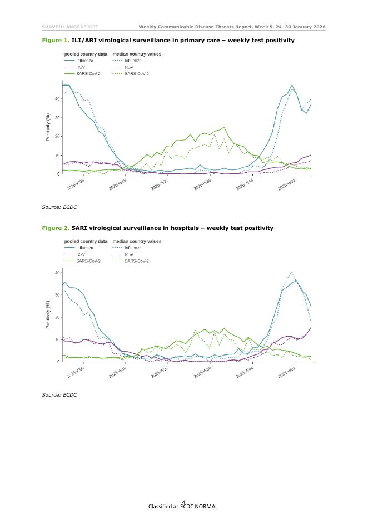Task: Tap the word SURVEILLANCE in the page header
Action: (61, 27)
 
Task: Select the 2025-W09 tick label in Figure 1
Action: (76, 185)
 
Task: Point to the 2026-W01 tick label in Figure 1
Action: (286, 185)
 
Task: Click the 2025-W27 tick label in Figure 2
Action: (161, 372)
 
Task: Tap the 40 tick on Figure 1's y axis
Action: (58, 99)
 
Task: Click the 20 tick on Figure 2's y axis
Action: (58, 317)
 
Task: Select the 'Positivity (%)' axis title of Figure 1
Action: (48, 127)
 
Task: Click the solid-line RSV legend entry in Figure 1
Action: (81, 67)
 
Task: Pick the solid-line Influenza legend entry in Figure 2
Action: (85, 248)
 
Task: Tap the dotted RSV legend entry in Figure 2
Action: (128, 254)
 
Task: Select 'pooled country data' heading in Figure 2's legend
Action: (86, 241)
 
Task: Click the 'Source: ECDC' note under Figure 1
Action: (59, 207)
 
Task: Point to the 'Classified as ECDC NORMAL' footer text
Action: (183, 506)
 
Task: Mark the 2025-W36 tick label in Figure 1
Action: (202, 185)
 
